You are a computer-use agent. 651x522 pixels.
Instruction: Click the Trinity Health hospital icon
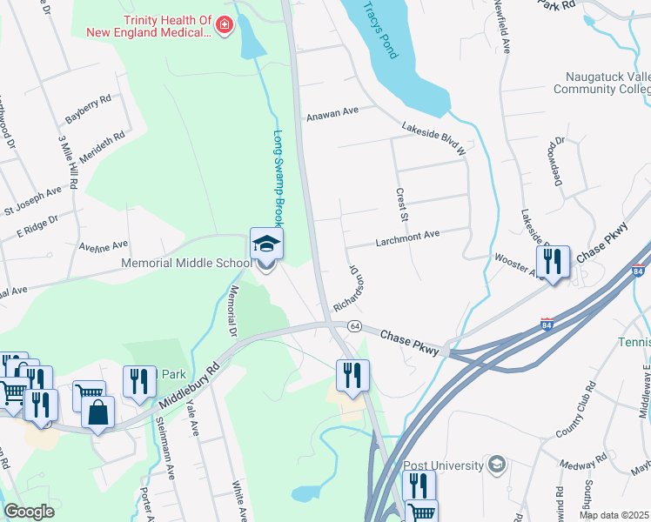tap(225, 26)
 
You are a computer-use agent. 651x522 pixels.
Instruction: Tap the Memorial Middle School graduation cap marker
tap(267, 244)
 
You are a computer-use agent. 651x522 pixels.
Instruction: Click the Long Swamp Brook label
tap(279, 178)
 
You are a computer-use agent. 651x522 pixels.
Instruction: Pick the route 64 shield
tap(354, 325)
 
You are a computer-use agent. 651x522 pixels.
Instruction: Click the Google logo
tap(30, 512)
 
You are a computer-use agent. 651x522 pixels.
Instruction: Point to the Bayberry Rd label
tap(88, 109)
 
